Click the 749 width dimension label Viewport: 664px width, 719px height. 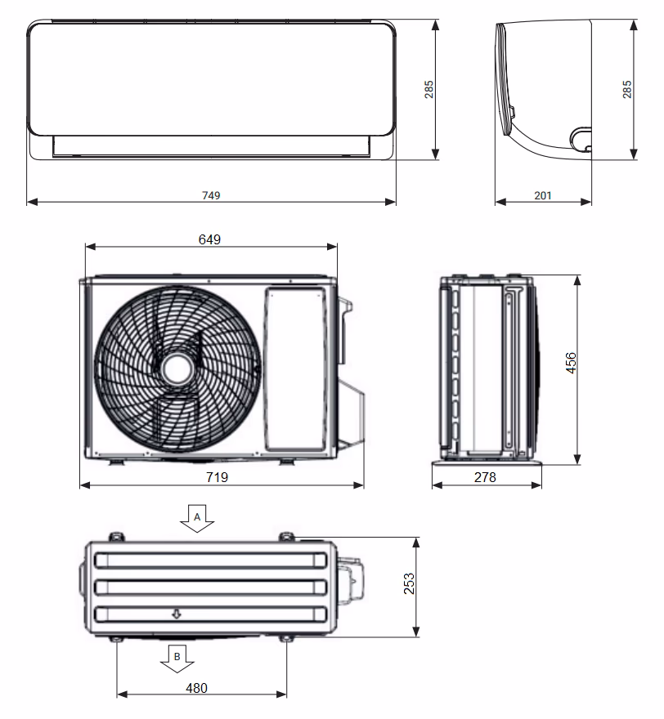tap(212, 195)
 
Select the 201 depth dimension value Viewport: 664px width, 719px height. tap(543, 195)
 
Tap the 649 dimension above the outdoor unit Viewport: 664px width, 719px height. tap(210, 239)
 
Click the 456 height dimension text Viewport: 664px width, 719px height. tap(571, 364)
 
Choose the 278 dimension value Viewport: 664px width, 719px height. tap(485, 477)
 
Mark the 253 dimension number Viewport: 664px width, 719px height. tap(410, 583)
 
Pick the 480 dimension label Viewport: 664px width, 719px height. tap(196, 688)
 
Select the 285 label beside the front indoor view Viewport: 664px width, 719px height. tap(429, 89)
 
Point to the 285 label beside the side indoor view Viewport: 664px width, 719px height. tap(627, 89)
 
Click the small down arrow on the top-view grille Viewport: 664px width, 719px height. tap(175, 614)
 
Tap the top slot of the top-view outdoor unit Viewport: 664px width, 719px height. tap(210, 560)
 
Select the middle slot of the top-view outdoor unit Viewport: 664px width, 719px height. tap(210, 587)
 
